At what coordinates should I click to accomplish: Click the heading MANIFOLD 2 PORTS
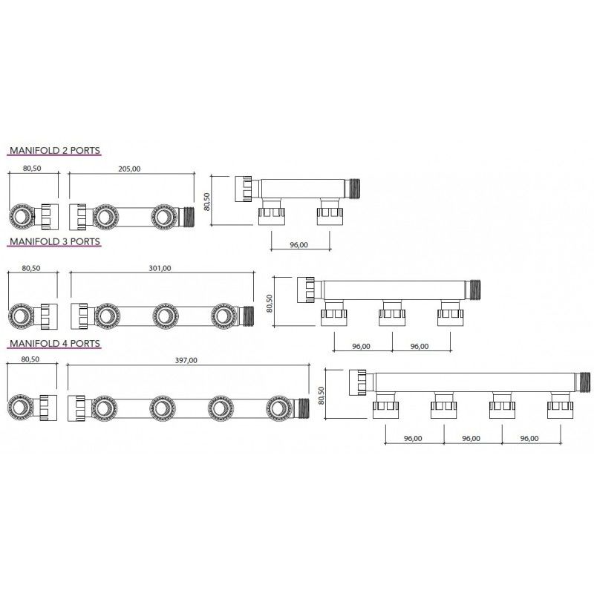click(x=55, y=151)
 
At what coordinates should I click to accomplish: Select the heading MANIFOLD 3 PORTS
click(x=55, y=241)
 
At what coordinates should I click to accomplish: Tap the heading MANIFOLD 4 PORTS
click(x=55, y=343)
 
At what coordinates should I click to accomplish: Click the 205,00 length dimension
click(x=129, y=169)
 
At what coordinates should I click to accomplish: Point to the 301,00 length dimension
click(x=160, y=268)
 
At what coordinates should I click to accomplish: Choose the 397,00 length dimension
click(x=186, y=360)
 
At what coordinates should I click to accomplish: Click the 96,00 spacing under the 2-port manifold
click(x=299, y=245)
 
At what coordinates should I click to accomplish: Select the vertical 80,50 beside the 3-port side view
click(x=270, y=303)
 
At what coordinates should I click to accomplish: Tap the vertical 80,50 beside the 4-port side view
click(x=322, y=396)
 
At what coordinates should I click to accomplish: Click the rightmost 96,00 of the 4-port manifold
click(x=529, y=438)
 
